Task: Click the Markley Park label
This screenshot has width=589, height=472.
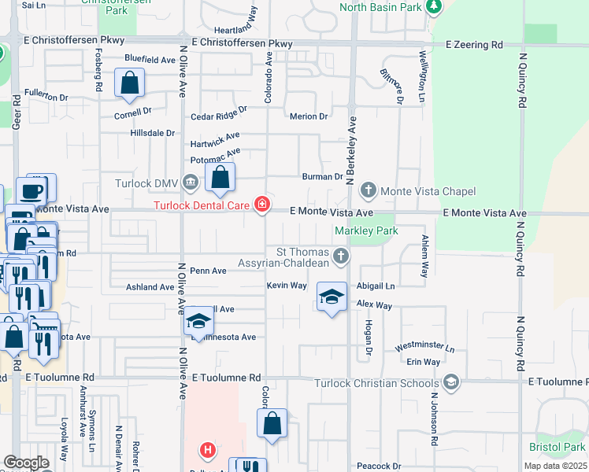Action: [366, 230]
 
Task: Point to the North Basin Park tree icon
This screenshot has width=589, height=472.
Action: [432, 7]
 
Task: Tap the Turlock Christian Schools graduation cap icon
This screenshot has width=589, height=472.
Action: [451, 383]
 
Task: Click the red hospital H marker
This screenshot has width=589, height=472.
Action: [207, 451]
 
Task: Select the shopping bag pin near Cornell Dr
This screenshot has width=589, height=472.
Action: [129, 83]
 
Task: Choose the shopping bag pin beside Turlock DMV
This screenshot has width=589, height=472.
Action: [220, 177]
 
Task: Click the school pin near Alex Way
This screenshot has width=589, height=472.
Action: [332, 297]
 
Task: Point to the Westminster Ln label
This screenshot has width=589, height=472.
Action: [425, 347]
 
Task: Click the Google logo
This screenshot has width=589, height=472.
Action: [26, 463]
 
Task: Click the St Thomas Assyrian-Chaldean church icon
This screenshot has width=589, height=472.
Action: [340, 256]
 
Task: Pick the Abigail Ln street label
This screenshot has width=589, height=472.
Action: [375, 286]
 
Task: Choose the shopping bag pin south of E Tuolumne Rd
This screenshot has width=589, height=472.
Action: [272, 422]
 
